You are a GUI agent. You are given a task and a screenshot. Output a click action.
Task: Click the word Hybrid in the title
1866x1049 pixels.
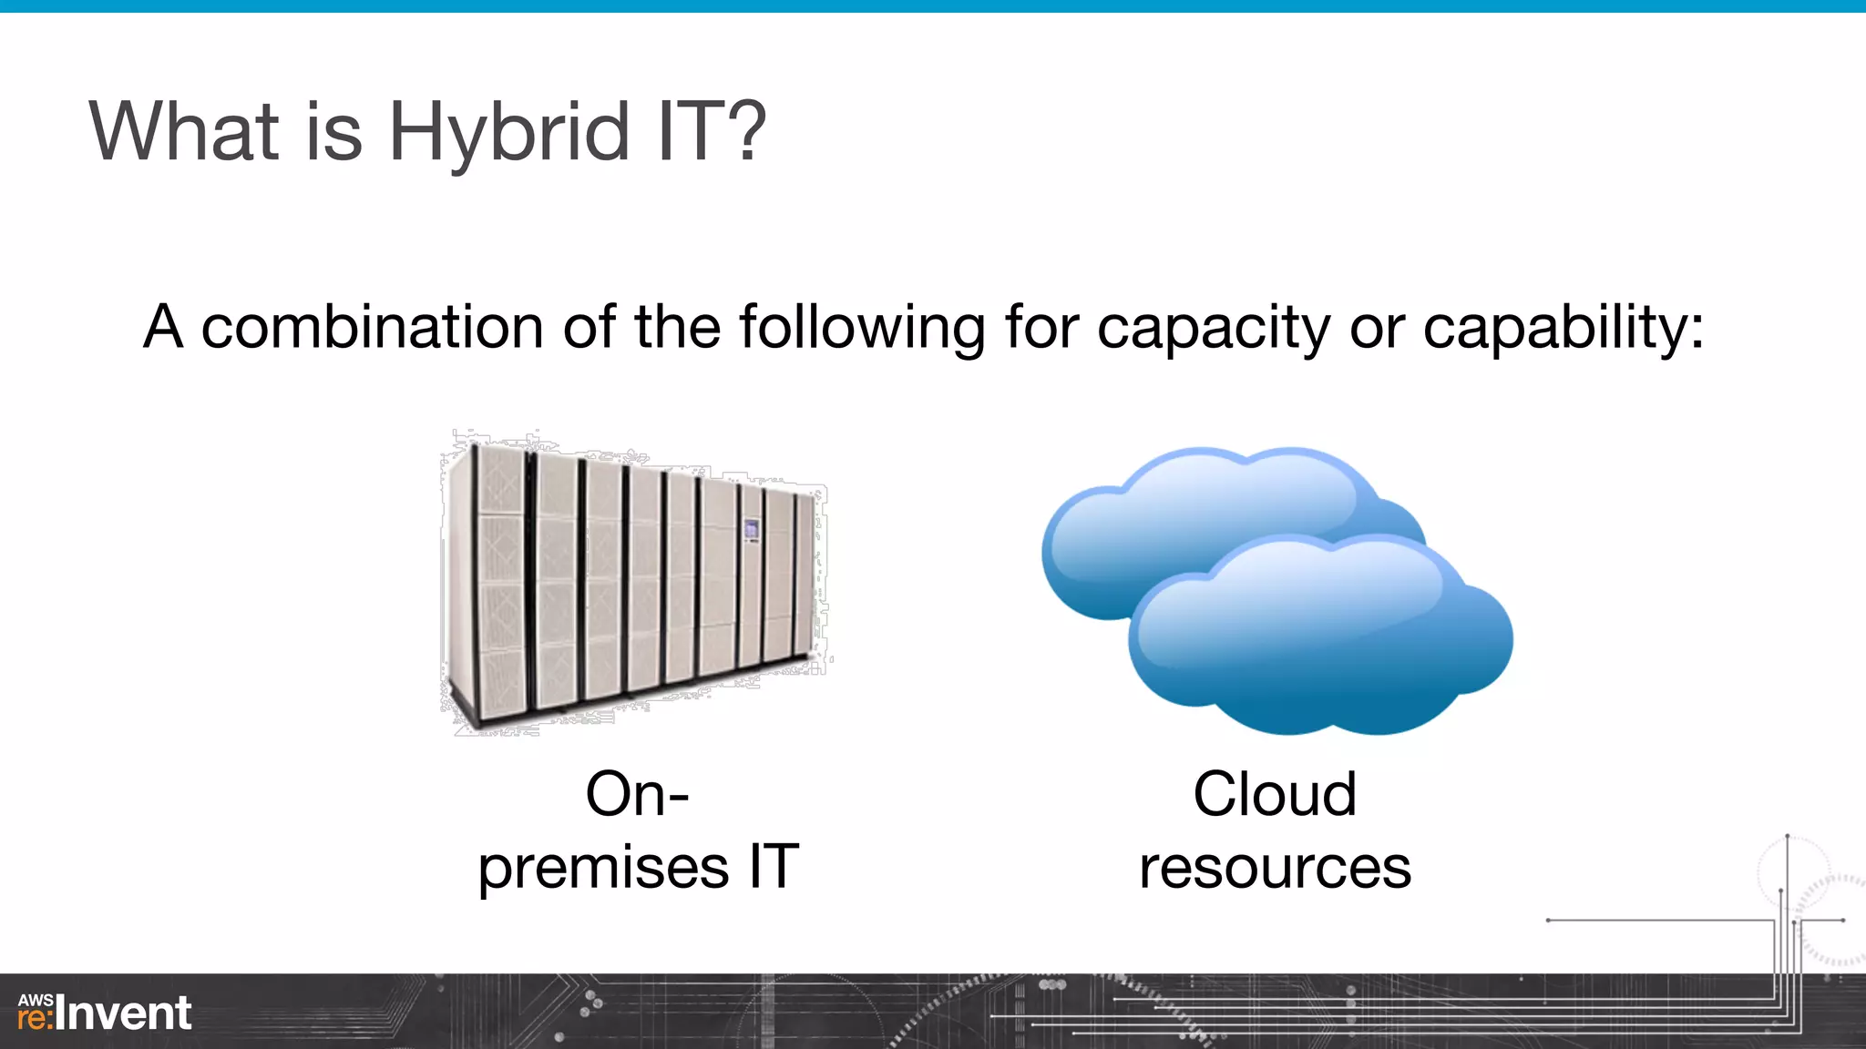(x=508, y=133)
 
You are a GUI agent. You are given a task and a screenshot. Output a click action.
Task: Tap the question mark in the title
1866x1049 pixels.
(x=747, y=131)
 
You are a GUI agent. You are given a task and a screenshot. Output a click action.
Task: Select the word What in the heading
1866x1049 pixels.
(x=183, y=131)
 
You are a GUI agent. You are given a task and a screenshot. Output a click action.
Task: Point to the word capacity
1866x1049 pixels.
(x=1214, y=328)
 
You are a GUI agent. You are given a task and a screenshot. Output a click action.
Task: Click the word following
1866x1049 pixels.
(x=862, y=328)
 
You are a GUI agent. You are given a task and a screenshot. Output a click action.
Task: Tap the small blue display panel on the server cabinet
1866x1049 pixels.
(x=751, y=529)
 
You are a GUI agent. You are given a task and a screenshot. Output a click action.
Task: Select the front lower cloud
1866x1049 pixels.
(x=1321, y=637)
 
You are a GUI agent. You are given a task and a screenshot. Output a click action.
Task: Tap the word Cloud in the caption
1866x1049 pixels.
(x=1274, y=794)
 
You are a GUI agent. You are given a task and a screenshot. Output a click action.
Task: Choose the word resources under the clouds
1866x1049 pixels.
(x=1274, y=868)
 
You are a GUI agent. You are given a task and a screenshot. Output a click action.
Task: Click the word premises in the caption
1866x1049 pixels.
(x=603, y=868)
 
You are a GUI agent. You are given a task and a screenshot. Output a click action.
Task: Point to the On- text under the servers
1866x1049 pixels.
(x=637, y=794)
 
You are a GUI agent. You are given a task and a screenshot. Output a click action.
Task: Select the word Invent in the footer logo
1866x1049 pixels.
(x=124, y=1013)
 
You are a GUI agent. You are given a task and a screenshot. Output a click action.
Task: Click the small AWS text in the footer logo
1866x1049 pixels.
(x=36, y=1000)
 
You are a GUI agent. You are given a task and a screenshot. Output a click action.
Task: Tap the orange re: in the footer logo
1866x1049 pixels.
(x=36, y=1018)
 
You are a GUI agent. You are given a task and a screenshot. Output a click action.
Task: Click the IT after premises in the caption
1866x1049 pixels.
(x=774, y=866)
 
